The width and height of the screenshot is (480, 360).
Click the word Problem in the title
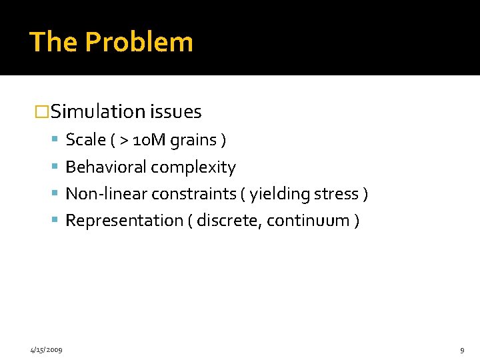pyautogui.click(x=139, y=42)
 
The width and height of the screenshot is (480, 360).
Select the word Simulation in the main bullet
pyautogui.click(x=98, y=111)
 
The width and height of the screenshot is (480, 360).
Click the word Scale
pyautogui.click(x=86, y=140)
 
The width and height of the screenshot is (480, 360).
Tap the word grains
pyautogui.click(x=193, y=141)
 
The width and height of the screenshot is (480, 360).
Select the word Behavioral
pyautogui.click(x=106, y=167)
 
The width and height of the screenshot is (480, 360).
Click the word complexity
pyautogui.click(x=194, y=167)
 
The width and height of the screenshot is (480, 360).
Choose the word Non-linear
pyautogui.click(x=107, y=193)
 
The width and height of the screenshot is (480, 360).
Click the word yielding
pyautogui.click(x=277, y=194)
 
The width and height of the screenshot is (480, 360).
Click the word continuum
pyautogui.click(x=309, y=220)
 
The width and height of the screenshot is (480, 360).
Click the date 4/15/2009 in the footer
pyautogui.click(x=46, y=349)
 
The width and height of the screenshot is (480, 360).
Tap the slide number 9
pyautogui.click(x=462, y=349)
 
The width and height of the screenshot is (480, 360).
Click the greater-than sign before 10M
pyautogui.click(x=123, y=140)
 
